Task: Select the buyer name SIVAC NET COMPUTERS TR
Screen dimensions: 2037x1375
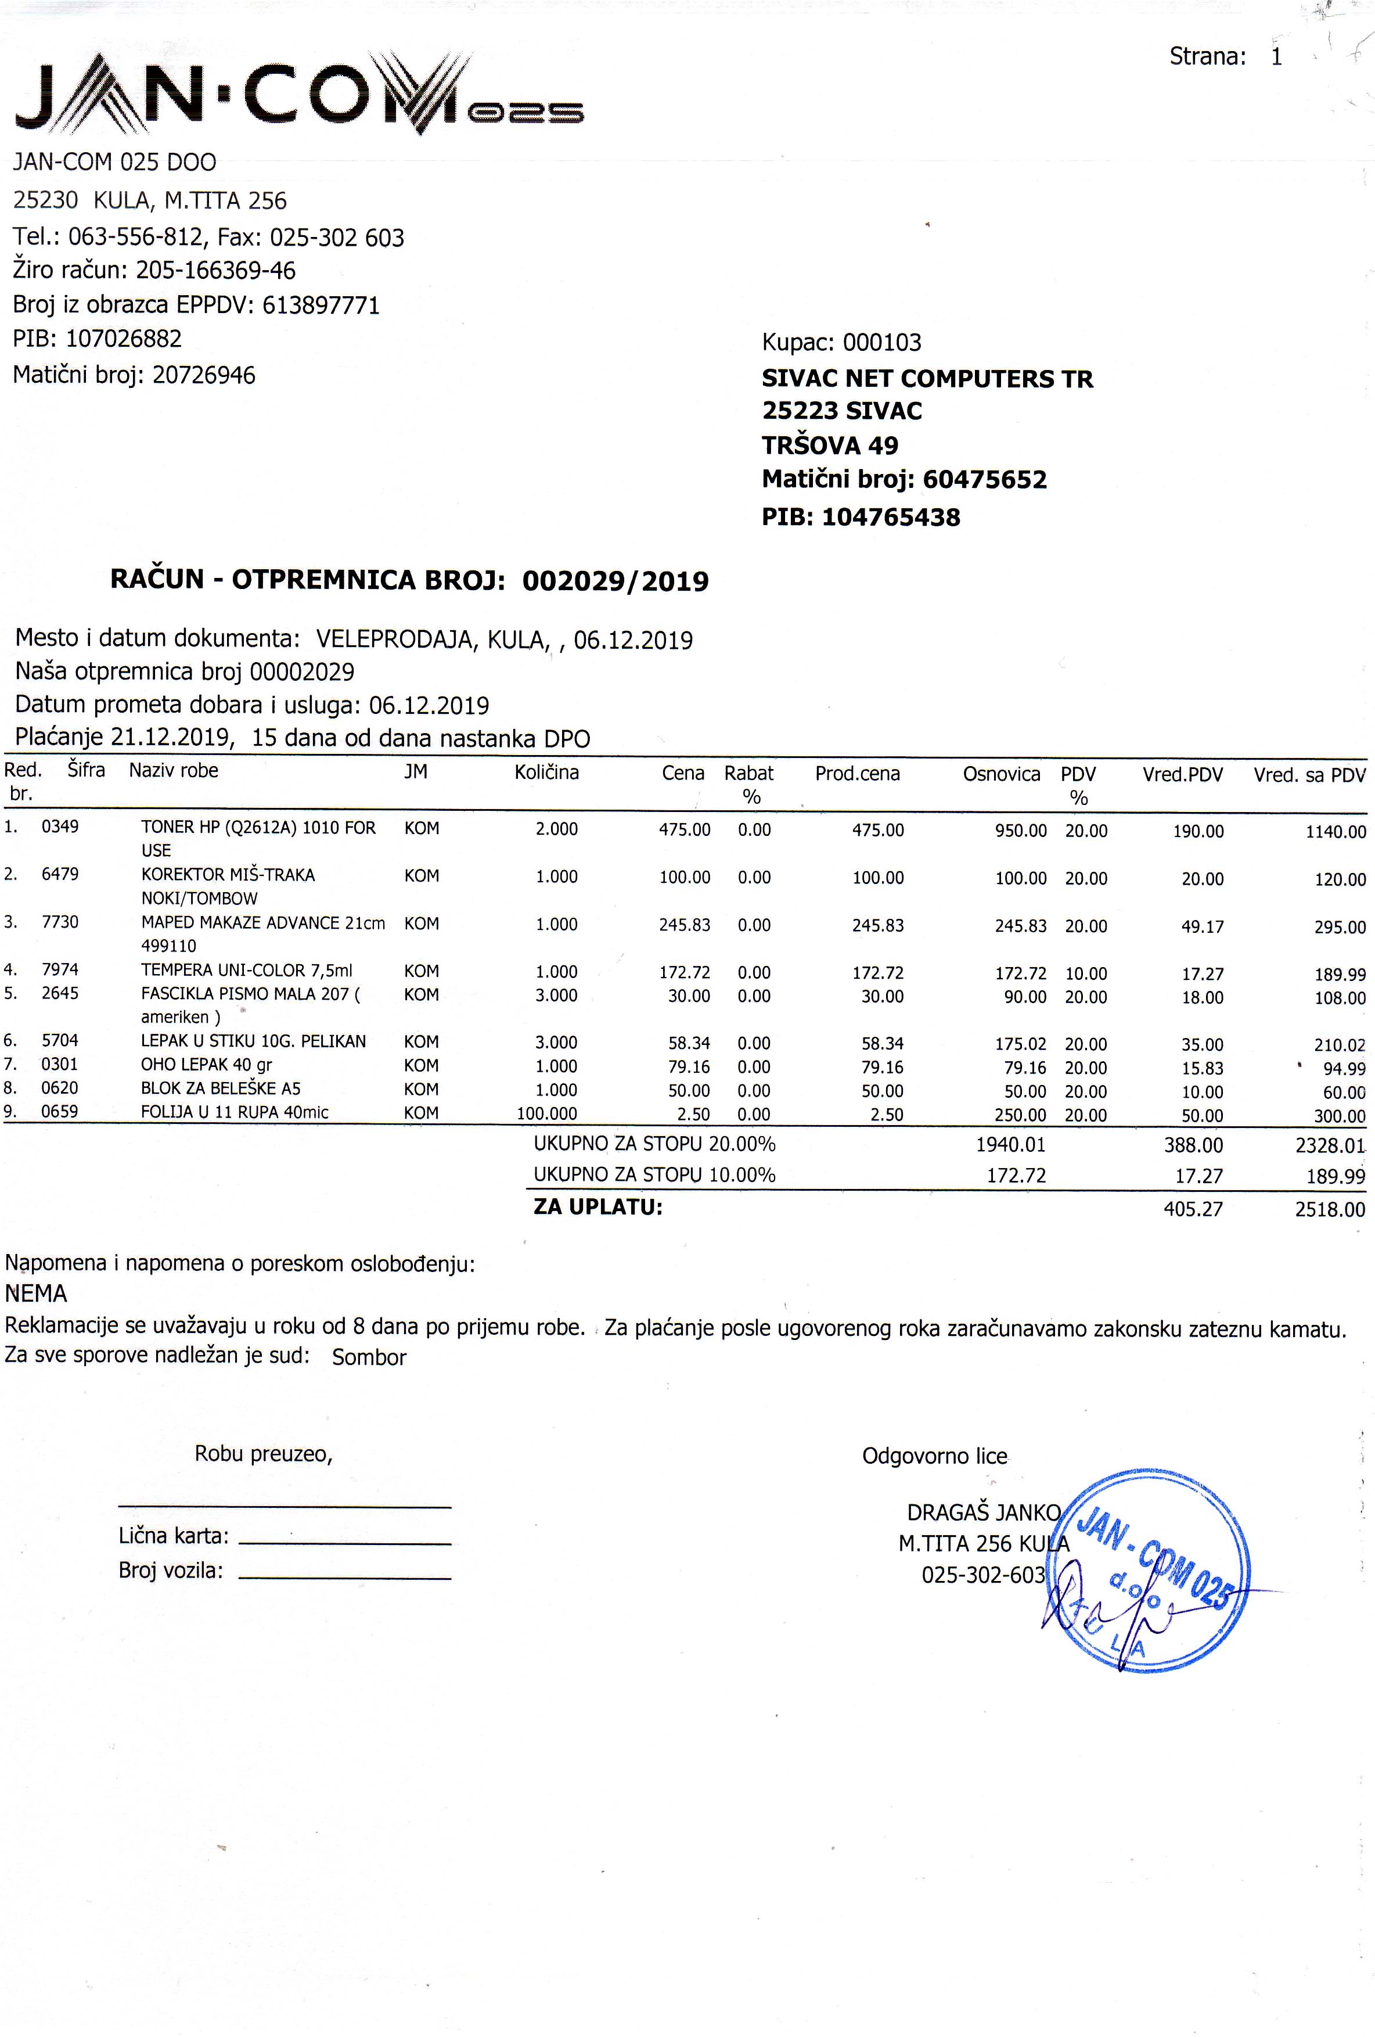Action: [x=927, y=379]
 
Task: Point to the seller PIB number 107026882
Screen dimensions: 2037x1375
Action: [x=136, y=338]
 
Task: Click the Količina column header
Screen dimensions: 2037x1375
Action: [x=547, y=772]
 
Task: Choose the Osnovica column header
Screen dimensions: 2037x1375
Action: [x=1001, y=774]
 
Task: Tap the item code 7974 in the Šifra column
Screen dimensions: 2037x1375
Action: [x=60, y=969]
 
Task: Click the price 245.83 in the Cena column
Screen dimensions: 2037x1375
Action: [x=685, y=925]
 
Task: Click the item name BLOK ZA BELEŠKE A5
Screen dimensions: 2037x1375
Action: [x=221, y=1088]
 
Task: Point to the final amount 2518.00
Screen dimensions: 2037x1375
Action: [x=1330, y=1209]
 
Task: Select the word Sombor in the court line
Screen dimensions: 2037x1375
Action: [x=369, y=1357]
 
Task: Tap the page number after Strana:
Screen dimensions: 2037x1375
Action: [x=1277, y=57]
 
